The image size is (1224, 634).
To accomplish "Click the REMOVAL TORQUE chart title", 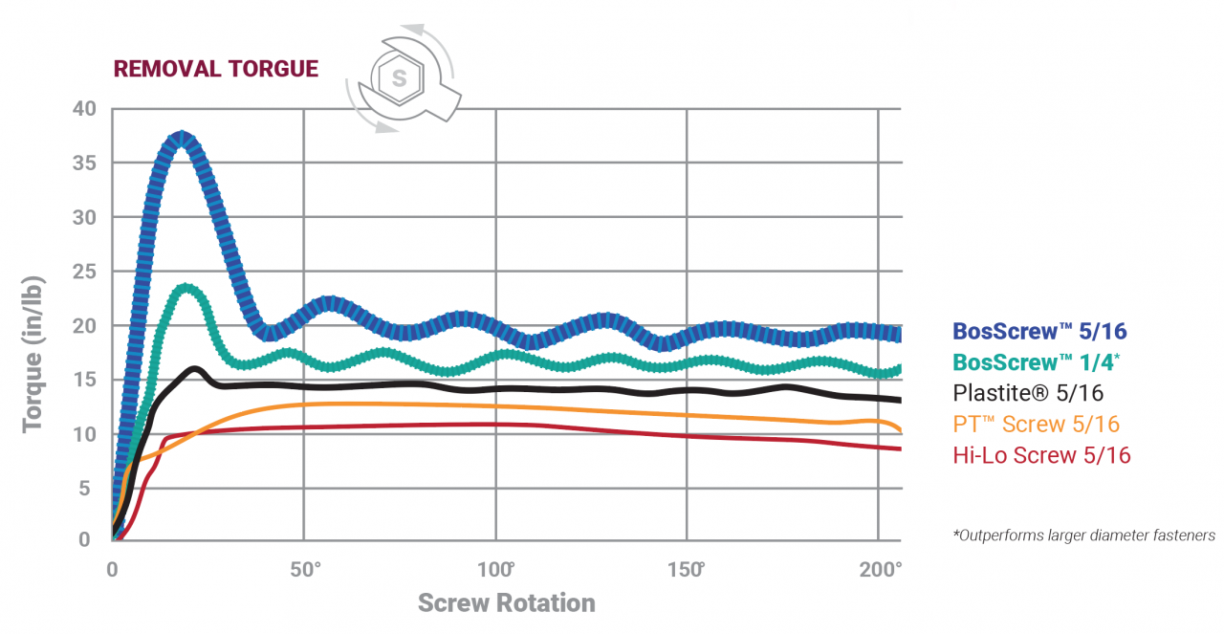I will (x=215, y=69).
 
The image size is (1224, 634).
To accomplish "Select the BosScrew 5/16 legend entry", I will (x=1039, y=332).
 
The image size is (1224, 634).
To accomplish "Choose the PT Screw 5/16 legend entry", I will (x=1036, y=424).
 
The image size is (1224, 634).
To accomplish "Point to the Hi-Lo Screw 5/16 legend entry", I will (x=1041, y=455).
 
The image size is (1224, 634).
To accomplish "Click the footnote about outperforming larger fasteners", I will (x=1083, y=536).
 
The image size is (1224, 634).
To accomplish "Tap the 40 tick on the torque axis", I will (x=85, y=109).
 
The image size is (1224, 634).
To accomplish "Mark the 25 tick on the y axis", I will (x=85, y=272).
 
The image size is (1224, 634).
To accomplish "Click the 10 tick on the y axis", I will (x=85, y=434).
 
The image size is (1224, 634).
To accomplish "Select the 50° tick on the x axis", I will (x=305, y=571).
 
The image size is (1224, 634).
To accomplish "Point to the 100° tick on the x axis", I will (x=496, y=571).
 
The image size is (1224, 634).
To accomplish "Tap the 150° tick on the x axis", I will (x=688, y=571).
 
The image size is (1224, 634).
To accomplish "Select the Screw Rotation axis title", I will (x=506, y=603).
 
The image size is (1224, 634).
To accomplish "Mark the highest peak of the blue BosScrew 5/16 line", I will (x=182, y=140).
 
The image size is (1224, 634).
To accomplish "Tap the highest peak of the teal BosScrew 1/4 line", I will (x=186, y=289).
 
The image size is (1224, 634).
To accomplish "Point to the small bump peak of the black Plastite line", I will (x=195, y=368).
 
